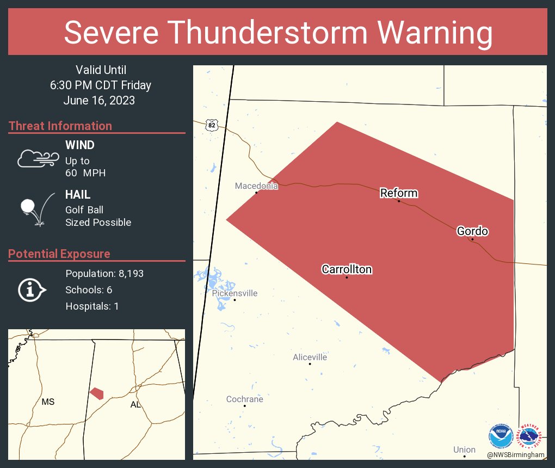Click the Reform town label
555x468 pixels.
[398, 193]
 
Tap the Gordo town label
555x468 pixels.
[472, 231]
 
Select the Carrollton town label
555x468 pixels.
[347, 269]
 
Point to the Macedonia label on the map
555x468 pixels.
[256, 186]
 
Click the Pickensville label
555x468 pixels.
[235, 293]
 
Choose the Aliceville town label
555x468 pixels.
[310, 357]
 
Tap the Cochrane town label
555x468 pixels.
[244, 399]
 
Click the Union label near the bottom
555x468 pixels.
[464, 449]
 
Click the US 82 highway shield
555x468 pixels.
[212, 125]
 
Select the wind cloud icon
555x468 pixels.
[37, 158]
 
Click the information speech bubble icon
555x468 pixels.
[32, 290]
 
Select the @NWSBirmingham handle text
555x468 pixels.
[516, 454]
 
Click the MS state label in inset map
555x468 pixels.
[48, 402]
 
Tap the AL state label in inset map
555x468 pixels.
[135, 404]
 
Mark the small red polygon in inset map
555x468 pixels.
[97, 393]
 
